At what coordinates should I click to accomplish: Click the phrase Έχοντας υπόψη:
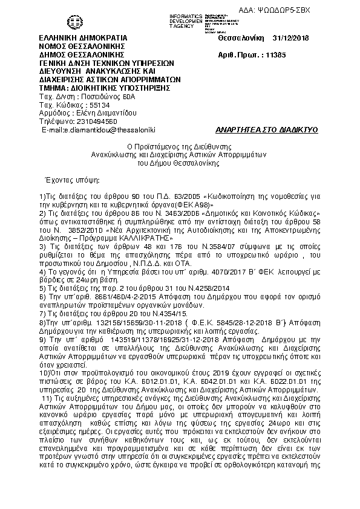pyautogui.click(x=67, y=180)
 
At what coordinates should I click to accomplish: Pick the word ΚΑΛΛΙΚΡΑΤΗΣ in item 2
pyautogui.click(x=125, y=239)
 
